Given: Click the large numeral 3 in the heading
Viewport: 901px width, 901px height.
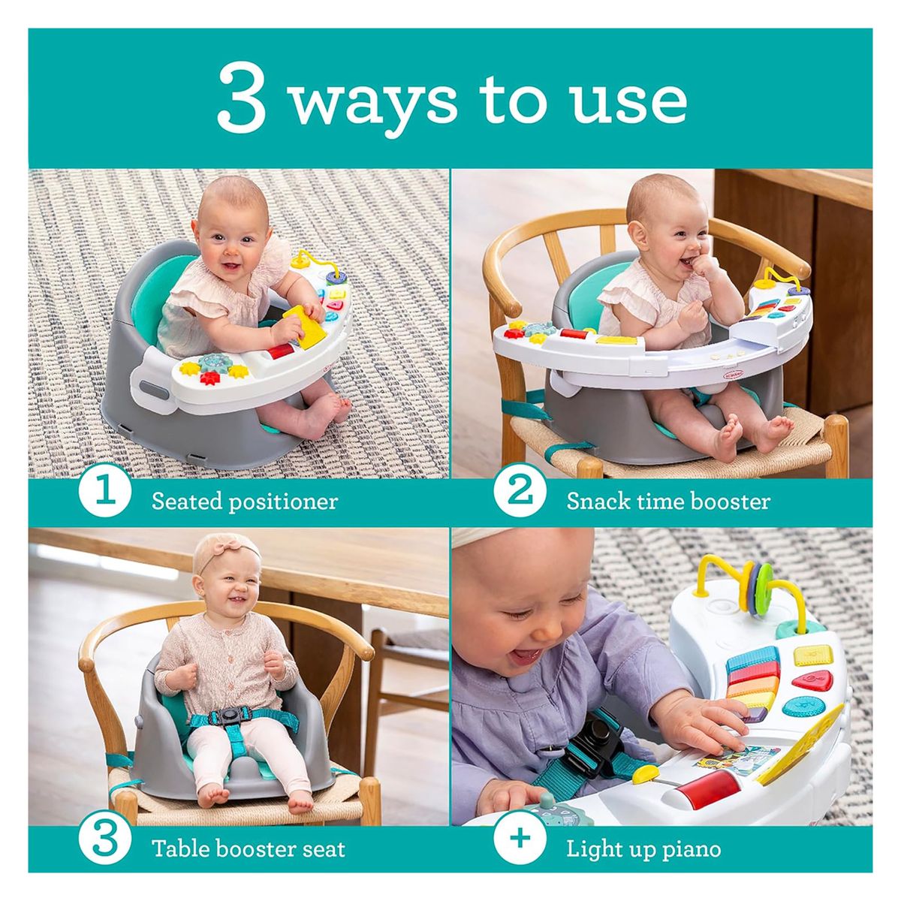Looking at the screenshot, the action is [242, 98].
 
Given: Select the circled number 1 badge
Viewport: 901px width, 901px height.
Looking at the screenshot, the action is [104, 497].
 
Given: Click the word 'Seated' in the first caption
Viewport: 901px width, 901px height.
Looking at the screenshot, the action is [186, 502].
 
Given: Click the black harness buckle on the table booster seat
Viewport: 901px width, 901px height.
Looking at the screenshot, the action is [230, 716].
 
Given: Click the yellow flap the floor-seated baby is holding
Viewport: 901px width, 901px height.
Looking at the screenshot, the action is [305, 327].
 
